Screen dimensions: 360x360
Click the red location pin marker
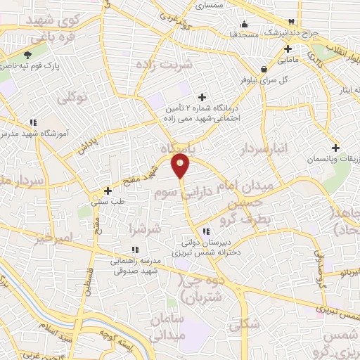click(x=181, y=166)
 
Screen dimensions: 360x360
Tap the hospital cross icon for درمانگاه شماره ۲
click(x=202, y=97)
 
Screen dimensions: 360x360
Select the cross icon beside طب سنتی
click(x=108, y=191)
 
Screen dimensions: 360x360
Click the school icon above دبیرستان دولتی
click(x=205, y=231)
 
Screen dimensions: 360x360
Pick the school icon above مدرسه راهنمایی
click(x=134, y=249)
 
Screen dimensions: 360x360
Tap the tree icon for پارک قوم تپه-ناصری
click(x=27, y=55)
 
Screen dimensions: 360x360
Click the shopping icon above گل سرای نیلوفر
click(x=264, y=70)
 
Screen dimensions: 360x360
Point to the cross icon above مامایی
click(x=288, y=49)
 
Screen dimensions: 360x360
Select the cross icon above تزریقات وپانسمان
click(x=336, y=148)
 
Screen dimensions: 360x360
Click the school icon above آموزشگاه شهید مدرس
click(x=34, y=121)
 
